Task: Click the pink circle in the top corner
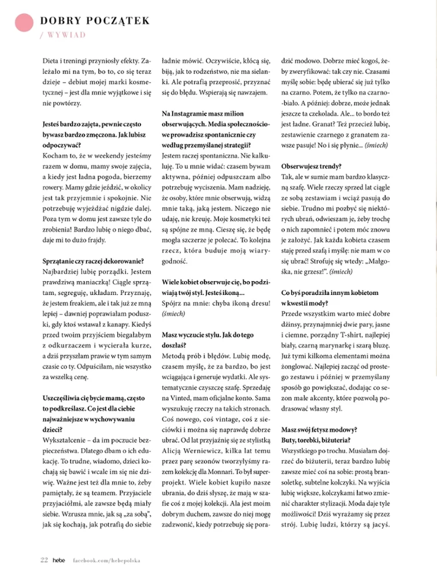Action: pyautogui.click(x=24, y=24)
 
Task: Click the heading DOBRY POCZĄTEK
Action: pyautogui.click(x=95, y=21)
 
